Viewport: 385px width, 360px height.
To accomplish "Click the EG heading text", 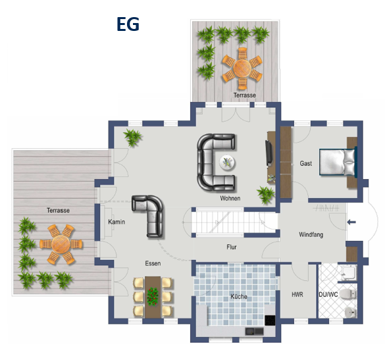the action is click(128, 24).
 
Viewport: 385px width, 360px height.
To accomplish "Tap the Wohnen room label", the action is click(230, 198).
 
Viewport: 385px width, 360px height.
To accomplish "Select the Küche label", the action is click(239, 296).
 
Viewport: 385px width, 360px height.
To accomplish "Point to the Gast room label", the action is click(305, 163).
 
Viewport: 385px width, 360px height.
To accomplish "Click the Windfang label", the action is click(311, 234).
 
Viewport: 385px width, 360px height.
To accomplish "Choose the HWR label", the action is click(297, 294).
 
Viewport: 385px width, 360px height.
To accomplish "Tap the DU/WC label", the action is click(328, 294).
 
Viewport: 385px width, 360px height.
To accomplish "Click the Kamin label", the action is click(116, 222).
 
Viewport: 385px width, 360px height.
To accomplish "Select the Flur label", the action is click(231, 247).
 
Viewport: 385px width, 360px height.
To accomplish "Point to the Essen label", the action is click(153, 263).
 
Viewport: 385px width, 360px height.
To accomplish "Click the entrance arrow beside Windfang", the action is click(351, 222).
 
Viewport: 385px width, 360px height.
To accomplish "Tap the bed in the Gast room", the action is click(338, 163).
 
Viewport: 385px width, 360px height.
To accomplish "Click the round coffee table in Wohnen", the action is click(228, 163).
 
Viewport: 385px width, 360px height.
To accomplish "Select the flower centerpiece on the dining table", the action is click(153, 296).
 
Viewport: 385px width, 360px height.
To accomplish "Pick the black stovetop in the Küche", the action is click(270, 321).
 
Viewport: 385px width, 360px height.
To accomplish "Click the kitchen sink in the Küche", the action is click(255, 331).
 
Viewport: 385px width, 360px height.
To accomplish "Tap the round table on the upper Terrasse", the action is click(242, 66).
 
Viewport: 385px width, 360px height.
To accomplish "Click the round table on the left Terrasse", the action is click(61, 244).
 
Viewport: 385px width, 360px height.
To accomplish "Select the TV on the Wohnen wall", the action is click(269, 153).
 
